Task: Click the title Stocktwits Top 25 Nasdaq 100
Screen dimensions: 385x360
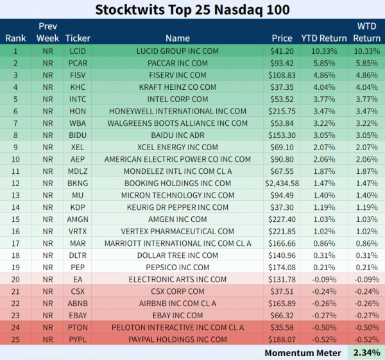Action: (x=193, y=10)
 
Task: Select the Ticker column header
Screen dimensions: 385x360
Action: (x=78, y=39)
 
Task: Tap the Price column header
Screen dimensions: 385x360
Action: (x=282, y=39)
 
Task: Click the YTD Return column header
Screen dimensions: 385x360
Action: (x=324, y=39)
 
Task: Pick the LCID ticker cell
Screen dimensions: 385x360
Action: (x=78, y=51)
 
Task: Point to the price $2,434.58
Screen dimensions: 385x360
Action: (x=282, y=184)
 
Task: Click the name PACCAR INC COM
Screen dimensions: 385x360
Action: (x=178, y=63)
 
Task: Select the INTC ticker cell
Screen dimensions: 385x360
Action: (x=78, y=99)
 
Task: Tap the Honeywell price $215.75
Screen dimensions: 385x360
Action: (x=282, y=111)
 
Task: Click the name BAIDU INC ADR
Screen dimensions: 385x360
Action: (x=178, y=135)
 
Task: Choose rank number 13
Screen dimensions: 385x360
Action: (x=15, y=196)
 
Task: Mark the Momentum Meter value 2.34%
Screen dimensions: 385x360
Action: (x=366, y=353)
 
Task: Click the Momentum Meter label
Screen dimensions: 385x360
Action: (x=303, y=353)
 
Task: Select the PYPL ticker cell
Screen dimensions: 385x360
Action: (x=78, y=339)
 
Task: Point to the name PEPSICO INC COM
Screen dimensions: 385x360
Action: (x=178, y=268)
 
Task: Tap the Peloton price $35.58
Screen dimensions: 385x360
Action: (x=282, y=327)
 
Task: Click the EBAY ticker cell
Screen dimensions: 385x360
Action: (x=78, y=316)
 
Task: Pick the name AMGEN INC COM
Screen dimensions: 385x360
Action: (x=178, y=219)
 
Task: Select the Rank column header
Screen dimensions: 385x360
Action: (x=15, y=39)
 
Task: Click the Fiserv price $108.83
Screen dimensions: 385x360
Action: (x=282, y=75)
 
